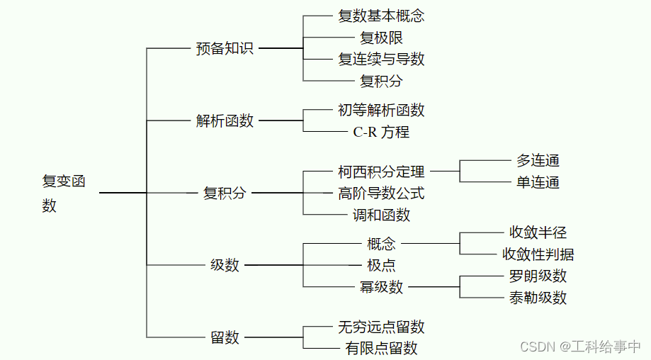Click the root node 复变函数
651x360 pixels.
pyautogui.click(x=63, y=193)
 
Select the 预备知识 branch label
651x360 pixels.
pyautogui.click(x=225, y=49)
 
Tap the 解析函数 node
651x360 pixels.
pyautogui.click(x=225, y=121)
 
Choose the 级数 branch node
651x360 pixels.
pyautogui.click(x=225, y=266)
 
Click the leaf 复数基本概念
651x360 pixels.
pyautogui.click(x=381, y=16)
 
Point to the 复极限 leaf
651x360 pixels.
pyautogui.click(x=381, y=38)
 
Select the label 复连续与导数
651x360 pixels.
pyautogui.click(x=381, y=60)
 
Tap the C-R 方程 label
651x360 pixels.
pyautogui.click(x=381, y=132)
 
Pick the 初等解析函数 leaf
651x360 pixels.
pyautogui.click(x=381, y=111)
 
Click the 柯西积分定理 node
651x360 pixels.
pyautogui.click(x=381, y=171)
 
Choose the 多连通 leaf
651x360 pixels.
pyautogui.click(x=538, y=161)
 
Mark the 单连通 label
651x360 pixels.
pyautogui.click(x=538, y=183)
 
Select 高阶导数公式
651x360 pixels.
pyautogui.click(x=381, y=193)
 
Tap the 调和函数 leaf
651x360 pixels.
pyautogui.click(x=381, y=215)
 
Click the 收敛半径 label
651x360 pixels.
pyautogui.click(x=538, y=233)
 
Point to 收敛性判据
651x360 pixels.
pyautogui.click(x=538, y=254)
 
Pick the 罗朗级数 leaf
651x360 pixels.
pyautogui.click(x=538, y=276)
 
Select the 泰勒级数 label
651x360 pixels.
pyautogui.click(x=538, y=298)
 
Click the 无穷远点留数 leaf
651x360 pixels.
pyautogui.click(x=381, y=327)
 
